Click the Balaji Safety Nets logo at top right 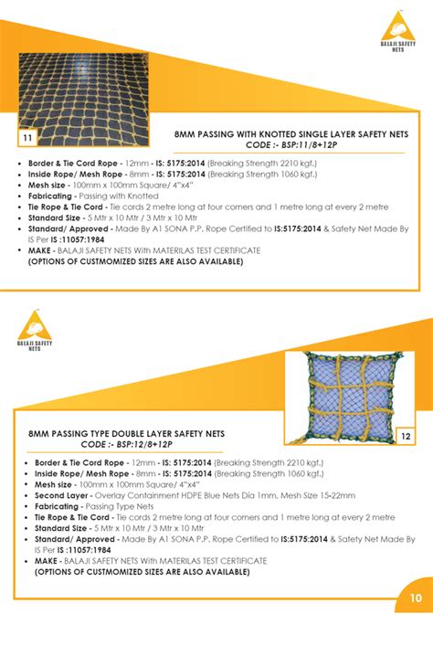397,34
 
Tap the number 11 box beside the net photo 28,138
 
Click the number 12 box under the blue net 407,437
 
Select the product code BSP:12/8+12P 133,443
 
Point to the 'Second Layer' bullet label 61,494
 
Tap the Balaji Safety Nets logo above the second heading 35,330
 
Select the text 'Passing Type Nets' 120,506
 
